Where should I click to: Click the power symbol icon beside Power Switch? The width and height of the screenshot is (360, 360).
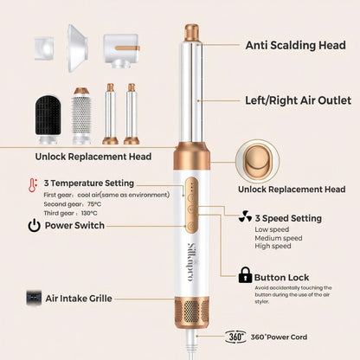tap(33, 226)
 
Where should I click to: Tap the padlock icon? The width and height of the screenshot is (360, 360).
tap(245, 276)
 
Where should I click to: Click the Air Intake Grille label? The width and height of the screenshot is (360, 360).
tap(90, 298)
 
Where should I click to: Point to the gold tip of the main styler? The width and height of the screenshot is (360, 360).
tap(192, 35)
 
